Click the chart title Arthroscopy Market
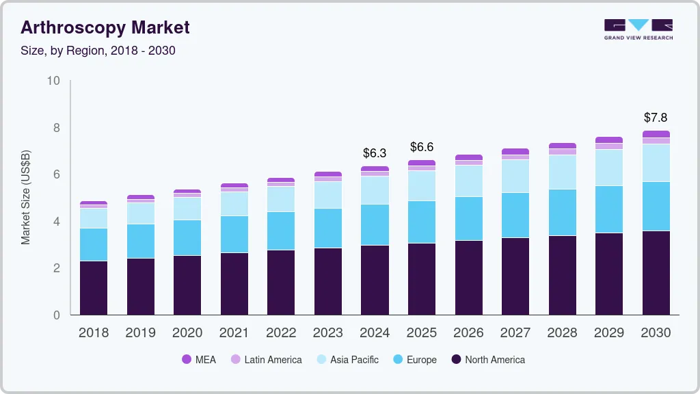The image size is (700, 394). (x=105, y=27)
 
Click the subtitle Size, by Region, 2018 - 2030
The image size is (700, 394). (x=98, y=51)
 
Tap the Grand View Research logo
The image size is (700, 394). (x=638, y=29)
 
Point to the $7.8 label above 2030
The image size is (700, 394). (x=656, y=118)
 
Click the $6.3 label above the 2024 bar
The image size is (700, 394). (x=375, y=153)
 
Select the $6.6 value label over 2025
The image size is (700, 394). (x=422, y=147)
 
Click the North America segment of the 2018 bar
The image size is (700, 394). (x=94, y=287)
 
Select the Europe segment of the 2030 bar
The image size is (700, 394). (x=656, y=206)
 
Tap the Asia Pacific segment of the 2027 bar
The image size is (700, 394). (x=515, y=176)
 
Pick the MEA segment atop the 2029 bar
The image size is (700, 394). (x=609, y=140)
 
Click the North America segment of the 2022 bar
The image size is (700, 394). (x=281, y=282)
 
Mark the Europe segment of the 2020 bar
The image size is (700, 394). (x=187, y=237)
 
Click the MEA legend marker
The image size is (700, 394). (x=187, y=359)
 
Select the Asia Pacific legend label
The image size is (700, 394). (x=354, y=359)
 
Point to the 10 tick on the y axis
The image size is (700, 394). (x=53, y=81)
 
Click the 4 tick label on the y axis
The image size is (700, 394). (x=57, y=222)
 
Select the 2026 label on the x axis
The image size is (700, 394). (x=468, y=332)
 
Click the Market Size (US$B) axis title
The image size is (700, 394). (x=26, y=198)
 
